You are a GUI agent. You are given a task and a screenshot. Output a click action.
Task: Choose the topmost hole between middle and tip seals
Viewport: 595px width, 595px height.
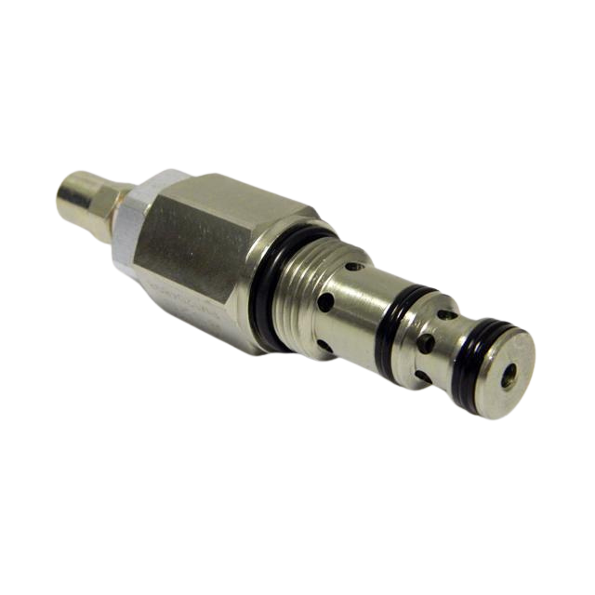point(448,315)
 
